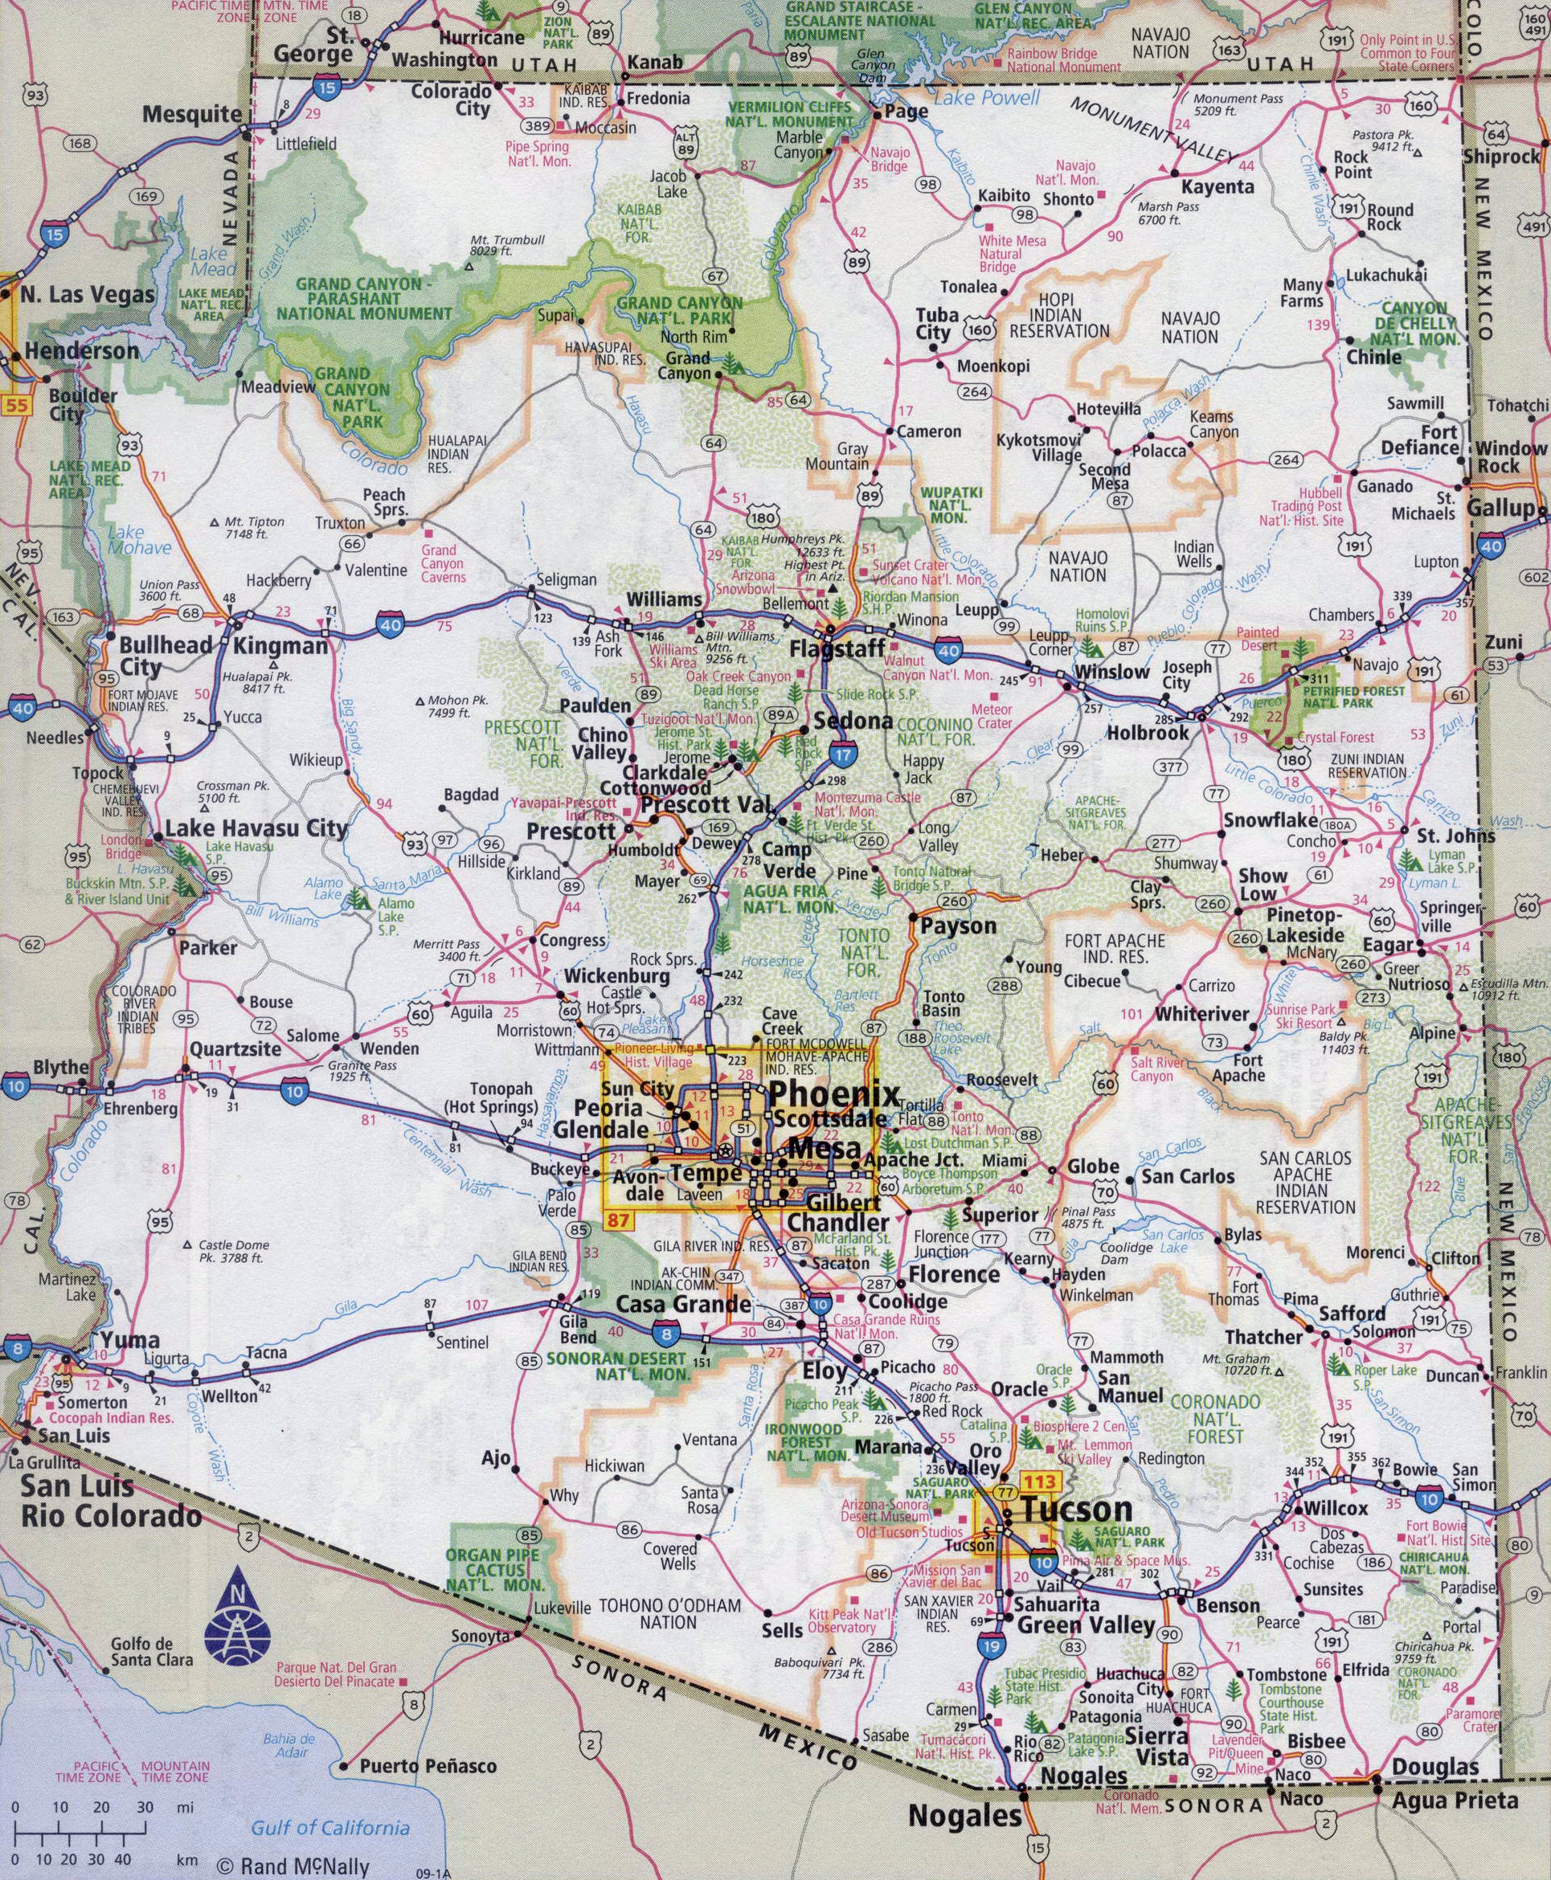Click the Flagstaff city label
[x=837, y=649]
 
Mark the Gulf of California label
[x=329, y=1803]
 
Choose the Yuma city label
[x=129, y=1339]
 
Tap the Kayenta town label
[x=1217, y=187]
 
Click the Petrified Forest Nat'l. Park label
[x=1354, y=697]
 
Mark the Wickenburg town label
[x=616, y=976]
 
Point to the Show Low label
[x=1262, y=885]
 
